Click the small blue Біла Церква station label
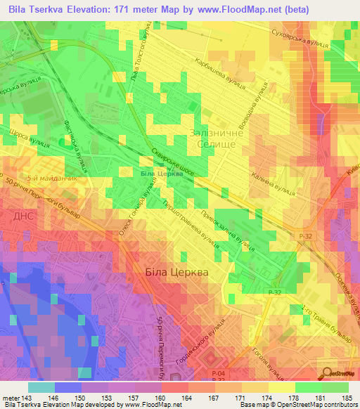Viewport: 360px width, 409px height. coord(157,174)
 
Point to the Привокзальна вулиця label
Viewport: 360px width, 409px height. coord(226,230)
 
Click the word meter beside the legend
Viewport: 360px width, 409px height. coord(10,398)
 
